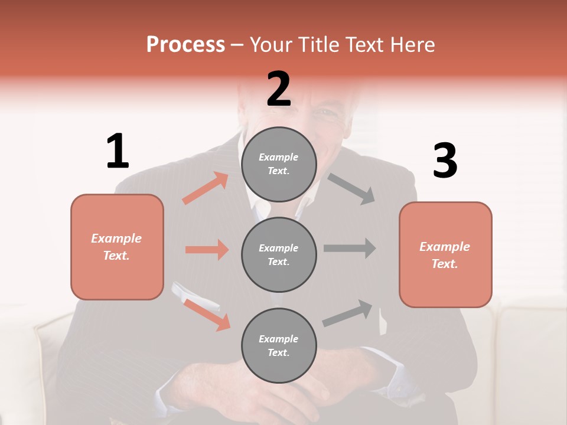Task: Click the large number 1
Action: click(x=118, y=152)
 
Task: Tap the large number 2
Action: click(x=279, y=89)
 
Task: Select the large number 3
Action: click(x=445, y=161)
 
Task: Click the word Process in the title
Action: click(x=185, y=44)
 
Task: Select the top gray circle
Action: click(x=279, y=164)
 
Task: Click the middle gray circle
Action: click(x=279, y=254)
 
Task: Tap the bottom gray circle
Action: click(x=279, y=345)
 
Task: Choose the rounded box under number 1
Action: click(x=117, y=247)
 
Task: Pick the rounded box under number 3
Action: click(x=445, y=254)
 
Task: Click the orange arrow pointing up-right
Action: click(x=206, y=188)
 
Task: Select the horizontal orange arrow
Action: click(x=207, y=250)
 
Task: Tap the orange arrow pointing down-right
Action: click(x=207, y=314)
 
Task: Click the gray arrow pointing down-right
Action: click(x=351, y=188)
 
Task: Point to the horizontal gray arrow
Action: click(x=350, y=249)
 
